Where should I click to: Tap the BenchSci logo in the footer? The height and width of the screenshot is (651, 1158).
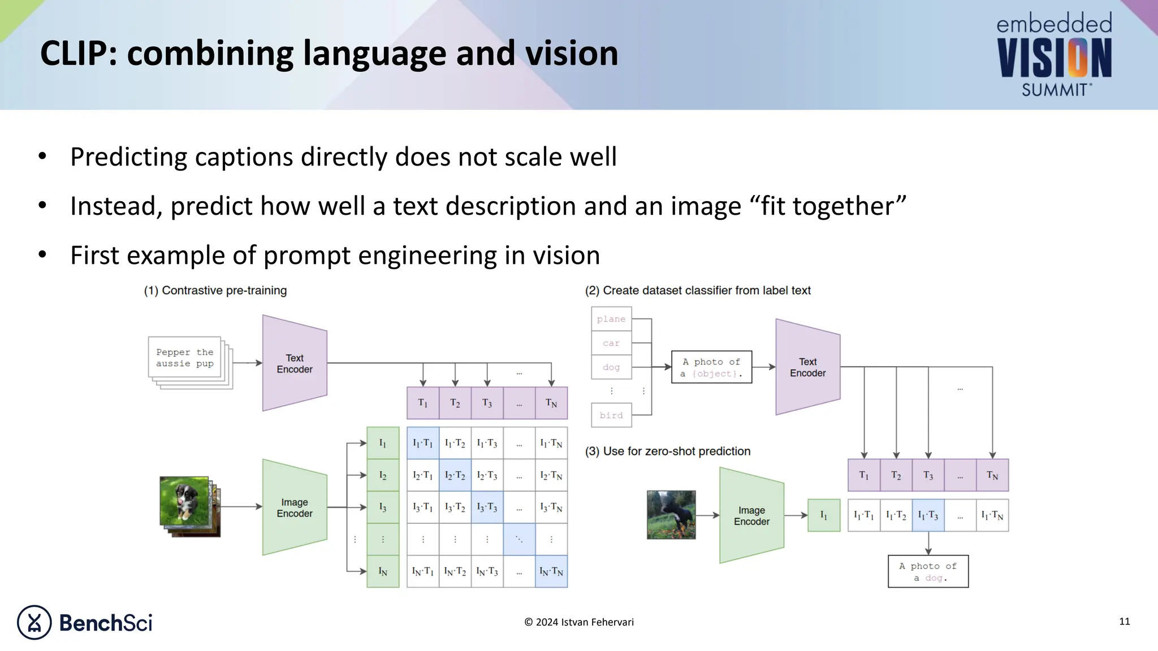point(85,622)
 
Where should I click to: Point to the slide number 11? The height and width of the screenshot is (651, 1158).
point(1124,622)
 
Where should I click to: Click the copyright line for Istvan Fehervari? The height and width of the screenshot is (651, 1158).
point(578,622)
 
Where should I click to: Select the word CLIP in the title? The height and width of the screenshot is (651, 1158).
point(74,54)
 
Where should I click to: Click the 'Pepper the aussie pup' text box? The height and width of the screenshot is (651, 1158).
point(185,358)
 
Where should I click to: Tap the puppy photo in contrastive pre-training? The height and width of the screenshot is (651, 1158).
point(184,501)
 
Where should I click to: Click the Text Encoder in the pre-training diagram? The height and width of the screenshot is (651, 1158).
point(295,363)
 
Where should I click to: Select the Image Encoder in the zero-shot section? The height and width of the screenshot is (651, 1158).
point(751,515)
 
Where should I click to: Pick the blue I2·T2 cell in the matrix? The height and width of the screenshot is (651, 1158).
point(455,475)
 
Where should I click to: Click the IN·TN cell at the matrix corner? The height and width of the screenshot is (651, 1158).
point(551,571)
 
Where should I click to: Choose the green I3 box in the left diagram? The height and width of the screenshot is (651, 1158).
point(383,507)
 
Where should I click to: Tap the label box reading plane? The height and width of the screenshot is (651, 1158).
point(611,319)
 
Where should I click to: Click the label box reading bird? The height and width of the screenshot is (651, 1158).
point(611,415)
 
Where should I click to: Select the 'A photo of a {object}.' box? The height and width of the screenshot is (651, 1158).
point(711,367)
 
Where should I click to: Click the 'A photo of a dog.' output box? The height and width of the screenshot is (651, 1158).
point(928,571)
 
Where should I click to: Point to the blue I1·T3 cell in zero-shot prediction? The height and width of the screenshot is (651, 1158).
point(928,515)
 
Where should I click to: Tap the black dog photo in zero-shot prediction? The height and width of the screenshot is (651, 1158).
point(671,515)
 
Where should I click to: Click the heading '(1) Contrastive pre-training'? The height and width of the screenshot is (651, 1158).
point(215,290)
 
